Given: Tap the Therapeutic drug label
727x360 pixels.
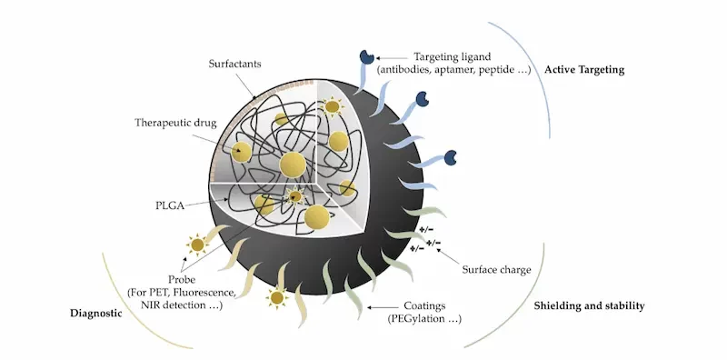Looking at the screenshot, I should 175,122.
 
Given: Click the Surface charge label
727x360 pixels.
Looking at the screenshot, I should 496,270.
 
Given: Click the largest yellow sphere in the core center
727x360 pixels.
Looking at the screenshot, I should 292,165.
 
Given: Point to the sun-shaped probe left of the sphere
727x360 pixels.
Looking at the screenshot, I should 194,244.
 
